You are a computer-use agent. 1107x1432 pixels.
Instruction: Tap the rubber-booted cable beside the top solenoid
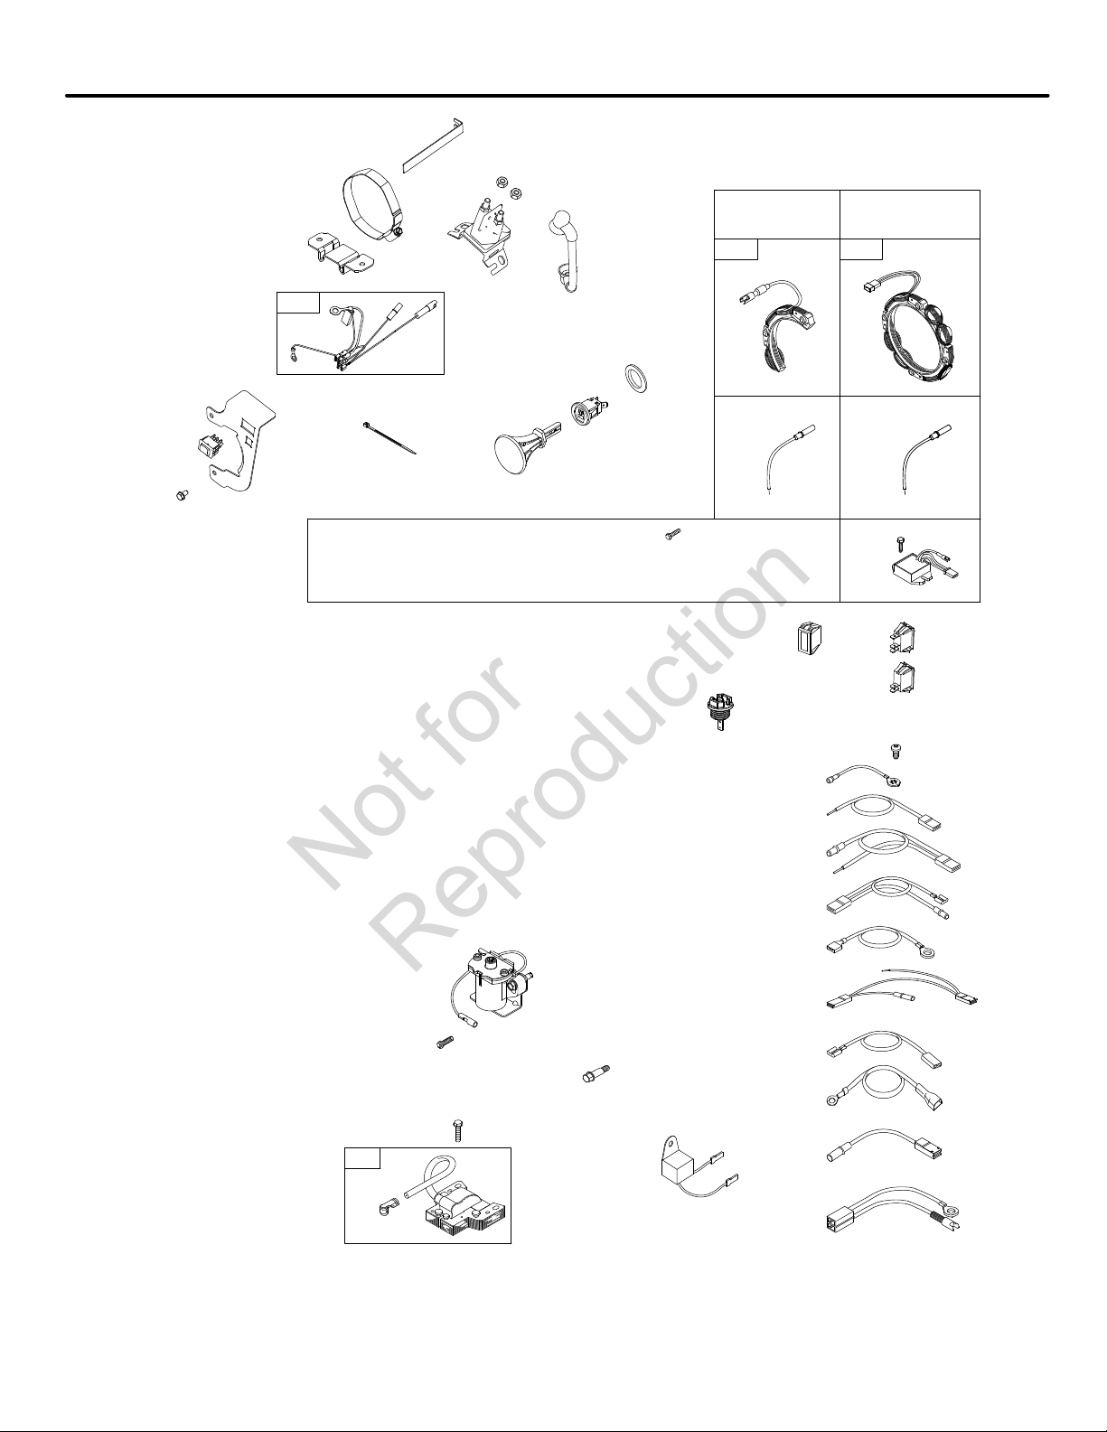561,250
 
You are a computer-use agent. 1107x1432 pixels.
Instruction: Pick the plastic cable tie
389,438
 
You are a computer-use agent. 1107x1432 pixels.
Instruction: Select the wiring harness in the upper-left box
348,332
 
